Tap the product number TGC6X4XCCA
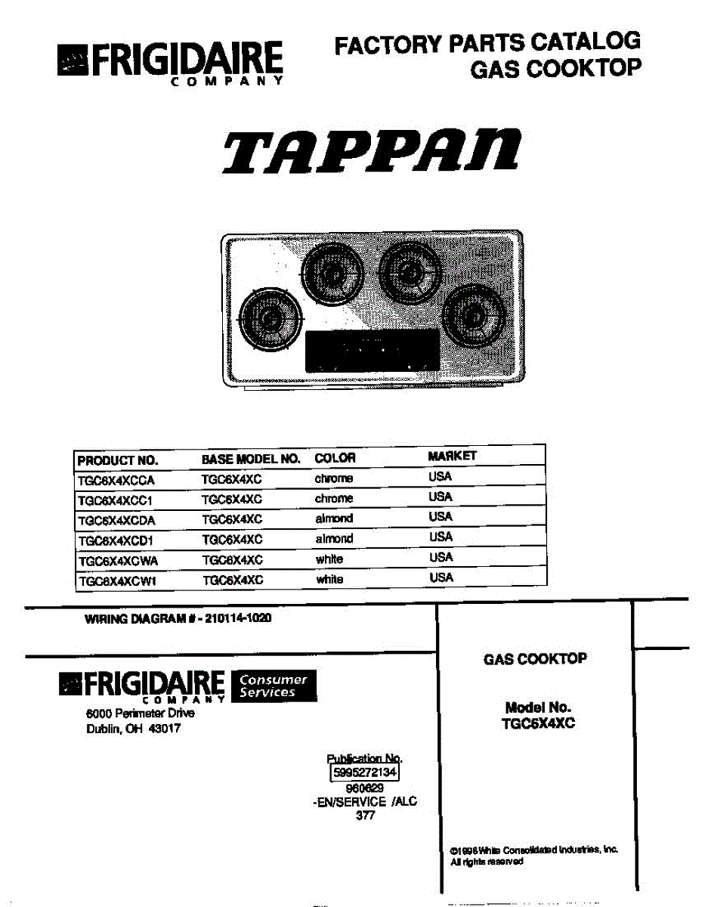[x=116, y=479]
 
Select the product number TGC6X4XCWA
[x=117, y=560]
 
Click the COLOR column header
[x=335, y=458]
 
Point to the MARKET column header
[x=452, y=456]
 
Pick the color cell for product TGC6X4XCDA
[x=333, y=519]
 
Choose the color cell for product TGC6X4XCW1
[x=329, y=579]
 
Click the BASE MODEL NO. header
[x=251, y=459]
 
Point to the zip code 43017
[x=163, y=729]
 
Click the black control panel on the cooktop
[x=373, y=351]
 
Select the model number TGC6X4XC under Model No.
[x=538, y=723]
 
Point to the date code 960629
[x=364, y=788]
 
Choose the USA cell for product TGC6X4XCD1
[x=441, y=537]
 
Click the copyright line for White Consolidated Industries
[x=533, y=850]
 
